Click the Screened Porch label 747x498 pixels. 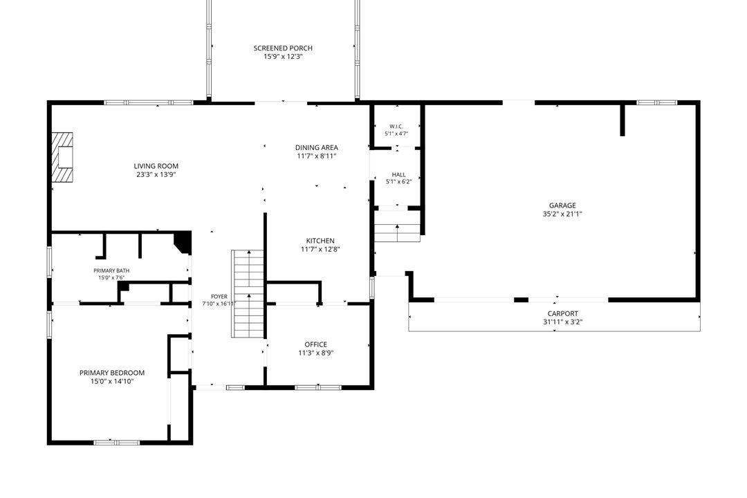point(283,48)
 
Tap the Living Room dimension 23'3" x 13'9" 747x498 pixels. point(156,175)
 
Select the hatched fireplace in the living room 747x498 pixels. point(63,157)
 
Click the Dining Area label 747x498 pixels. point(316,148)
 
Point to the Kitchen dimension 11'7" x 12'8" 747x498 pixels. point(320,249)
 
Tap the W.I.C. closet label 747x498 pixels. point(396,127)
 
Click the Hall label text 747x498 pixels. point(399,175)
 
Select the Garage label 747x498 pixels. point(562,205)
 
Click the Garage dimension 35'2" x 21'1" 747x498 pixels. point(562,214)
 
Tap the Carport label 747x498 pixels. point(562,313)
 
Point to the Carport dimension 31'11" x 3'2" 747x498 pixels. point(562,322)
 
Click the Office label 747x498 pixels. point(316,344)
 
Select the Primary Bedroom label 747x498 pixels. point(112,373)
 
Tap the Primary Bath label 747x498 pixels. point(111,270)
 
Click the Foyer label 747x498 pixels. point(219,297)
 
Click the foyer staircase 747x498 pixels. point(248,293)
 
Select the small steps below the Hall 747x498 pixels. point(397,226)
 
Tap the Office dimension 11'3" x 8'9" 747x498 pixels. point(316,353)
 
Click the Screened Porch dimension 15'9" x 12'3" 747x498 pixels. point(283,57)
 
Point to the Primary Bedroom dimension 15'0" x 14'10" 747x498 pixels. point(112,381)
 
